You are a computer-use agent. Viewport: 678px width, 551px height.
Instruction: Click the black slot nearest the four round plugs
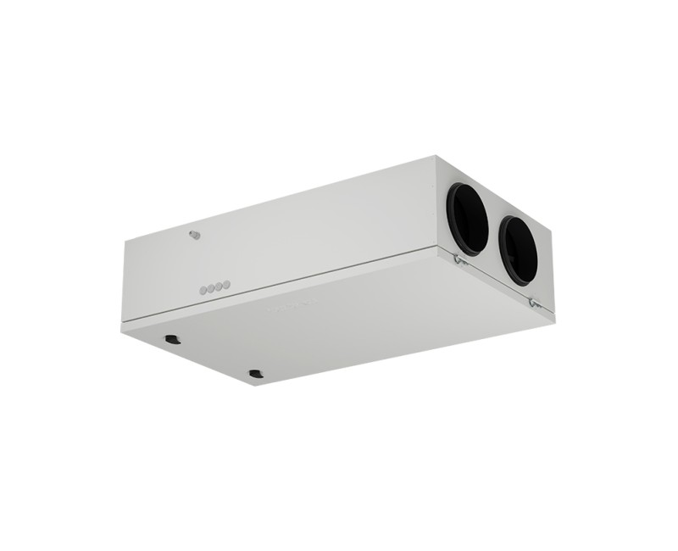coord(173,340)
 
